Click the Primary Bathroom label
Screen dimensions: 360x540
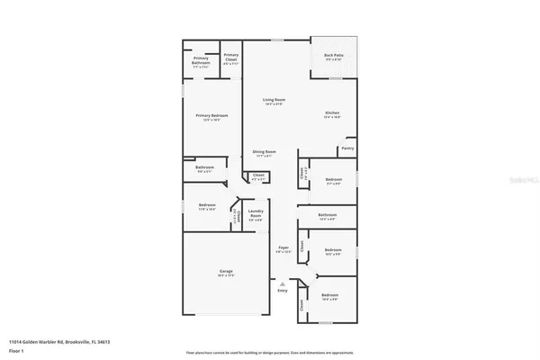201,60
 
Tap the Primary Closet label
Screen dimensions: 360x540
230,58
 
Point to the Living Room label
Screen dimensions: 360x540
274,101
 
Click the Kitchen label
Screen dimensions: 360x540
332,114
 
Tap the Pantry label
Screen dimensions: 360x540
347,148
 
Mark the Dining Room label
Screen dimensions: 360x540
265,153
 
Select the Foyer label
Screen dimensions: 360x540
283,247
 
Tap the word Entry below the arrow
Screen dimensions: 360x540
283,292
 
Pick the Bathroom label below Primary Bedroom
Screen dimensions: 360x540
204,168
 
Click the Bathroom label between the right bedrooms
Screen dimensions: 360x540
328,215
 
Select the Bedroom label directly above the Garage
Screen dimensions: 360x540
206,206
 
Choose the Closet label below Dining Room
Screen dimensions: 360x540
257,175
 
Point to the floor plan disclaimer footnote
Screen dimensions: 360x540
269,352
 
